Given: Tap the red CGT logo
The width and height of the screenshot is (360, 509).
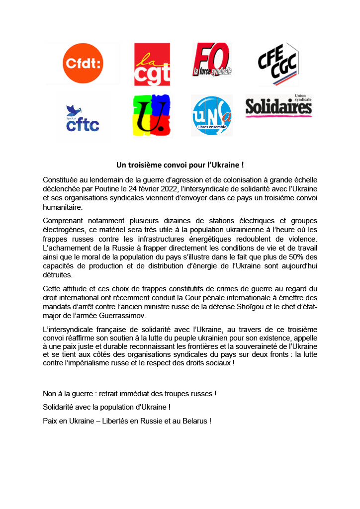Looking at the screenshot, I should [152, 64].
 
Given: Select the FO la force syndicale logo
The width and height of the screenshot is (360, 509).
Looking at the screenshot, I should [212, 60].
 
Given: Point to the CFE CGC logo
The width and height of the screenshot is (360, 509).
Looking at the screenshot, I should [277, 64].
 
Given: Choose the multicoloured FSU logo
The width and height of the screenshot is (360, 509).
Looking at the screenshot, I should [152, 115].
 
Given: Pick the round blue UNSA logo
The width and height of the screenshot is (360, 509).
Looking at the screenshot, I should [212, 116].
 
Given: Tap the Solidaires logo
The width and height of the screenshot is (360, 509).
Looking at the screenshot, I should [278, 105].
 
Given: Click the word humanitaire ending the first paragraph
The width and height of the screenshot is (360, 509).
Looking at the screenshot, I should [64, 207].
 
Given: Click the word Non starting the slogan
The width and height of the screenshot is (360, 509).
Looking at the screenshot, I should [50, 394].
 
